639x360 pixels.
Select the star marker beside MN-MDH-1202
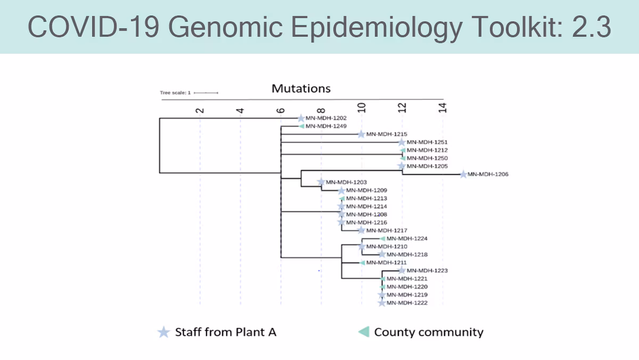click(x=301, y=118)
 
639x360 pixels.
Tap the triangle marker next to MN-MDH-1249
click(x=301, y=126)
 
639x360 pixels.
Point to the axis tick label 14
click(x=442, y=108)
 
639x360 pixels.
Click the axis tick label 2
click(x=200, y=110)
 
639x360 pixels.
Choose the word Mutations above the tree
click(x=301, y=88)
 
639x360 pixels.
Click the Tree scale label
click(x=175, y=93)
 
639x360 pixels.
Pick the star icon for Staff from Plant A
click(x=163, y=332)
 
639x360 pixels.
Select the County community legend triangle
click(x=364, y=332)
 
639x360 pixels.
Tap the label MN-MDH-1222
click(x=407, y=303)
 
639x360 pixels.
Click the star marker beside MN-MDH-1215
click(x=362, y=134)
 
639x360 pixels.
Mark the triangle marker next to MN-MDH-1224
click(x=382, y=239)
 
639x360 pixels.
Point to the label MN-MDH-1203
click(x=346, y=182)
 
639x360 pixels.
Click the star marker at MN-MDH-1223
click(x=402, y=271)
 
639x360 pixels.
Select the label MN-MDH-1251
click(x=427, y=142)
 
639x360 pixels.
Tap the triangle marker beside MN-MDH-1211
click(x=362, y=263)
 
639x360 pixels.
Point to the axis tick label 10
click(x=362, y=108)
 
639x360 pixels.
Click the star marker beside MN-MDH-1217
click(x=362, y=230)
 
